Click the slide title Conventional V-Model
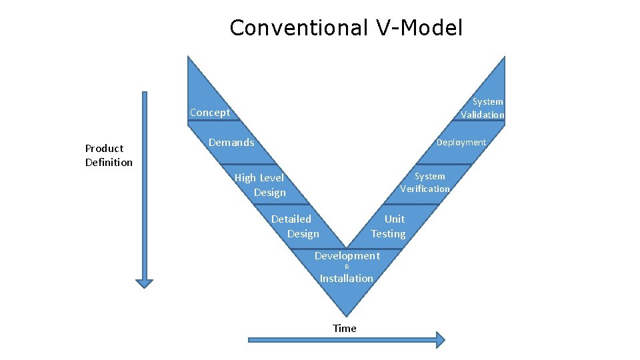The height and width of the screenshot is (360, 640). (345, 28)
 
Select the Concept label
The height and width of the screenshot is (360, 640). (210, 113)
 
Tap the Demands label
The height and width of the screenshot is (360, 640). (231, 142)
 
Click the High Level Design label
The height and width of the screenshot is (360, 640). (260, 185)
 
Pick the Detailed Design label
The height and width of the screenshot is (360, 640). (294, 226)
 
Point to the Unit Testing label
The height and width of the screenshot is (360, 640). (389, 226)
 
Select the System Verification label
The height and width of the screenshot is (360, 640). (425, 182)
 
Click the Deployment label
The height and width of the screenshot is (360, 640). (461, 142)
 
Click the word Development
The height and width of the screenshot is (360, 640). (347, 256)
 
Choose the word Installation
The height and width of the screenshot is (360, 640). (346, 279)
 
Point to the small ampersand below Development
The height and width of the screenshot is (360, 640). (347, 267)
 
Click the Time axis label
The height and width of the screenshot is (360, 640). (345, 328)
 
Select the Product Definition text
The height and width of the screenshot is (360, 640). (109, 155)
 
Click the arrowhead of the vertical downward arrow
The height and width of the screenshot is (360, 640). (144, 283)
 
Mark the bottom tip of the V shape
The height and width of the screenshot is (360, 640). (346, 314)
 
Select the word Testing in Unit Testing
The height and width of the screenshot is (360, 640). (389, 233)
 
